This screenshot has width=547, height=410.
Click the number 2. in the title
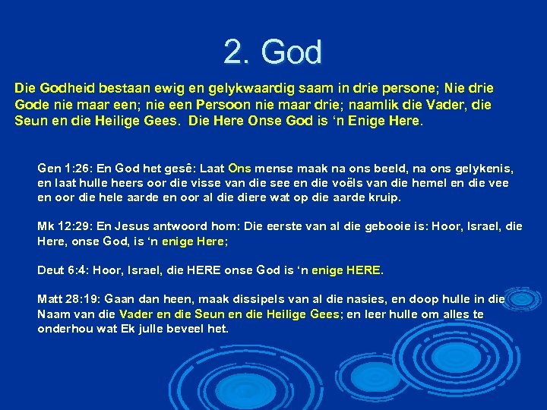click(237, 52)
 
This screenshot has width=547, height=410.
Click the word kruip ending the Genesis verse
click(384, 197)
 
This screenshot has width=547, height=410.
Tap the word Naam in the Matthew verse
click(53, 314)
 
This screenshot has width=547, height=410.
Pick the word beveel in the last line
click(185, 329)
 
